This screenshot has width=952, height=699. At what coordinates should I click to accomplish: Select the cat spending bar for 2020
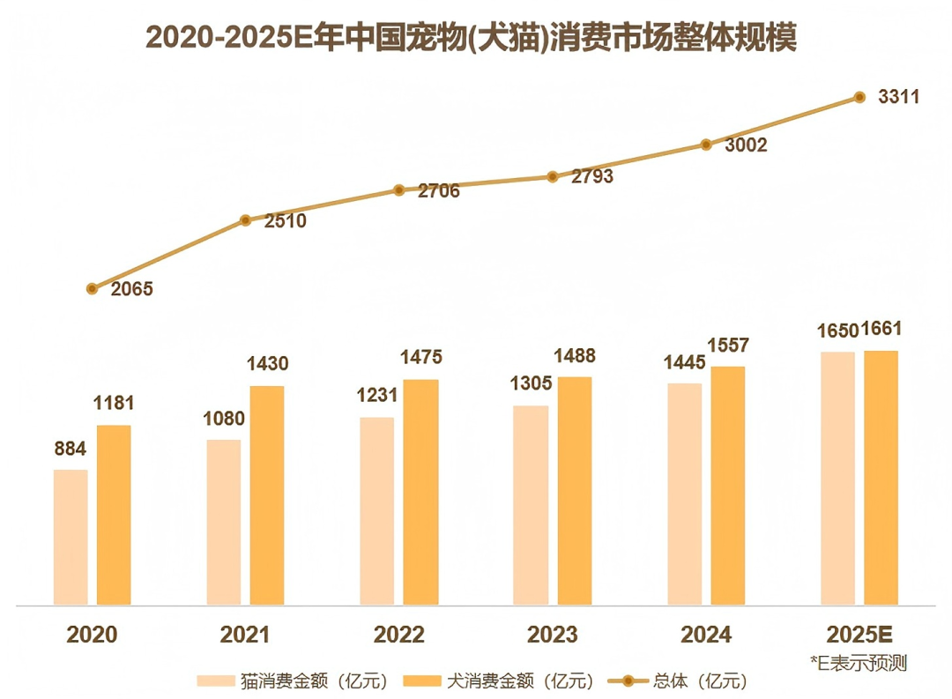[71, 537]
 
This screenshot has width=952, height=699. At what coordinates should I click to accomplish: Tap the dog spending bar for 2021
[267, 495]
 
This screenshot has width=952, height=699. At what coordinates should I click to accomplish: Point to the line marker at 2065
[92, 288]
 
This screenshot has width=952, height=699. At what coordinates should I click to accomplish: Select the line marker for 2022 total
[398, 190]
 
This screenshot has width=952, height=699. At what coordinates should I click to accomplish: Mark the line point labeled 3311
[859, 98]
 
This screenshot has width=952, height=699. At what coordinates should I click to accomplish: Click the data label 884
[70, 450]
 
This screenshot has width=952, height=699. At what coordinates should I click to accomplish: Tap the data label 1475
[420, 358]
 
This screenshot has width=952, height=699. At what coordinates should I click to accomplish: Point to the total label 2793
[592, 176]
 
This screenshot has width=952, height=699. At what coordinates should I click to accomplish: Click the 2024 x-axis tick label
[705, 635]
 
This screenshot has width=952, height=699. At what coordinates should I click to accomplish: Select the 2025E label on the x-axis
[860, 635]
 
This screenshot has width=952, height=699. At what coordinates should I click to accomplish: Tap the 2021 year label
[245, 635]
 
